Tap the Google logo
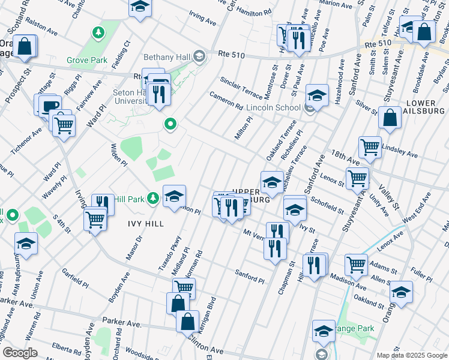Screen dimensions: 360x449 pyautogui.click(x=20, y=353)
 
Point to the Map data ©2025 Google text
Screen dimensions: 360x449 pyautogui.click(x=412, y=355)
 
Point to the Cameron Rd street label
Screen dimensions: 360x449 pyautogui.click(x=226, y=100)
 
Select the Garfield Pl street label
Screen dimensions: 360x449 pyautogui.click(x=76, y=279)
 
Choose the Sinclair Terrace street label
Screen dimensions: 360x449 pyautogui.click(x=241, y=88)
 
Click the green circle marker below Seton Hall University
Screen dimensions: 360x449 pyautogui.click(x=170, y=125)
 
